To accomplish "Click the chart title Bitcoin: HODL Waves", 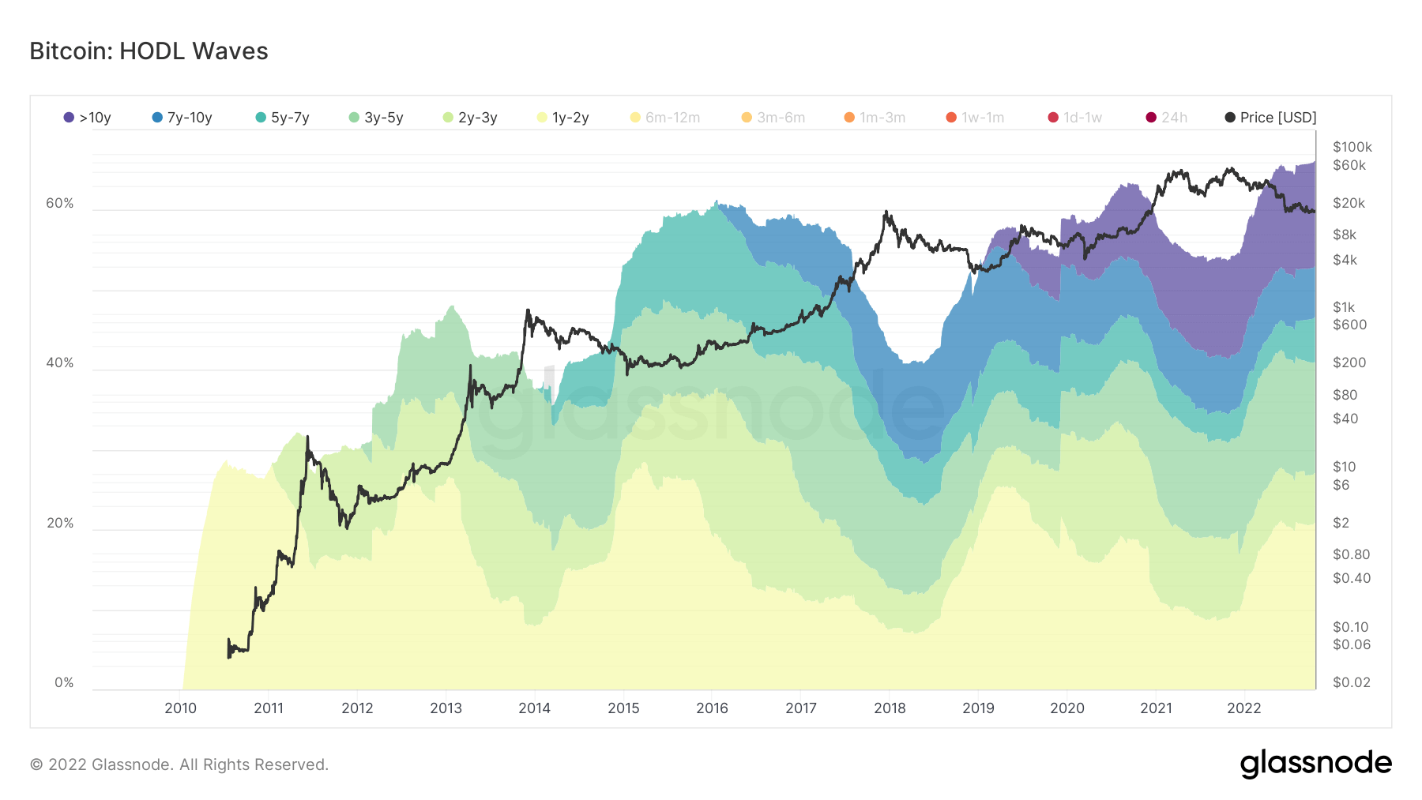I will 149,51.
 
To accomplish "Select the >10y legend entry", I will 88,118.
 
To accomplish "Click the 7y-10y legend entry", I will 182,118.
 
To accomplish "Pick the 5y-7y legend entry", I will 283,118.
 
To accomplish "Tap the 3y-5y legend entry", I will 376,118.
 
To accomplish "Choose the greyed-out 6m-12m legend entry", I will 665,118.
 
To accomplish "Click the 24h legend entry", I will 1167,118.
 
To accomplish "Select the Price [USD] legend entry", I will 1270,118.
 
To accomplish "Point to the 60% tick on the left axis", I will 59,204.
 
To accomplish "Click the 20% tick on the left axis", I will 59,524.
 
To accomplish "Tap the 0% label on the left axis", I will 64,683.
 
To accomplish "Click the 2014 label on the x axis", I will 534,708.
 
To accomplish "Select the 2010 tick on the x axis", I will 180,708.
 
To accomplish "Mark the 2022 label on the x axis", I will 1243,708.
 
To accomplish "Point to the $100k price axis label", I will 1352,147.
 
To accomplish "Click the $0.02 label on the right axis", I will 1351,682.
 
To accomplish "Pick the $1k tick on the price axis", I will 1343,307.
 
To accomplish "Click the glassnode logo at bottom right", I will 1315,764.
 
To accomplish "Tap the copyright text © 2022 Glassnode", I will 179,764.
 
